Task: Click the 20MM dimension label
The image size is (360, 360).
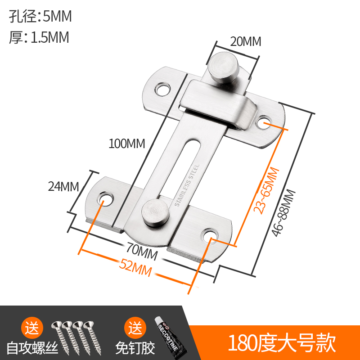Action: pos(245,41)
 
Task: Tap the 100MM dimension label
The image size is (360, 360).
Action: pos(126,144)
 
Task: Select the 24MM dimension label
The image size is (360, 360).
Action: pos(63,186)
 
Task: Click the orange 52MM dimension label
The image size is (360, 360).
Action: pos(135,269)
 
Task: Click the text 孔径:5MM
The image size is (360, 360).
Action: pos(40,17)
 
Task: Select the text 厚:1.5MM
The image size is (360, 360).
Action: pos(39,37)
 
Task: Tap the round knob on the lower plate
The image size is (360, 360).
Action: pos(154,211)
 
